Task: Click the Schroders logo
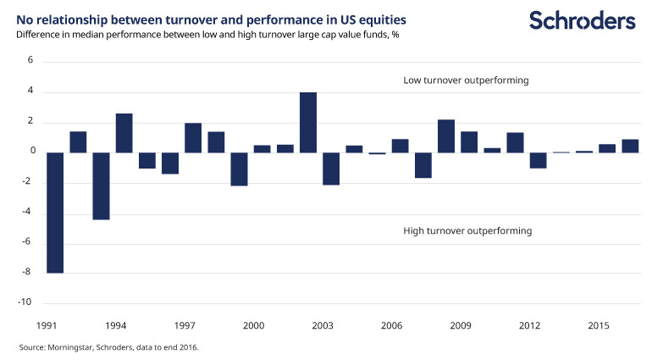pos(583,20)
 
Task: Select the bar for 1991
pos(55,213)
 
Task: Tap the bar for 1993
pos(101,186)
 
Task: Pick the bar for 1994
pos(124,133)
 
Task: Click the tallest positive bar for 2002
pos(308,122)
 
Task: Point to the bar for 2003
pos(331,169)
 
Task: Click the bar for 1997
pos(193,137)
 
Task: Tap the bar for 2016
pos(630,146)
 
